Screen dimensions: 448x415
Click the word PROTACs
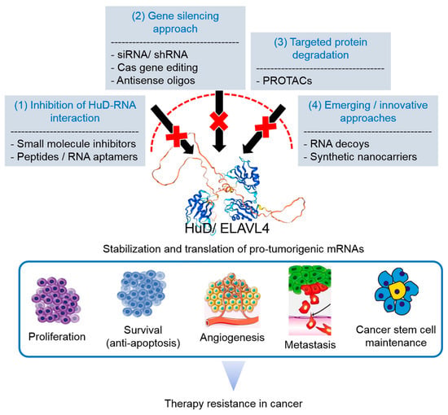(288, 81)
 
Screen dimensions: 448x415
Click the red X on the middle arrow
(219, 121)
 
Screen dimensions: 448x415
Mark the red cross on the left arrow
(177, 137)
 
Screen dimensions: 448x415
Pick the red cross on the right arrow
(266, 126)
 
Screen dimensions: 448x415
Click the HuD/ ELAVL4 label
(227, 229)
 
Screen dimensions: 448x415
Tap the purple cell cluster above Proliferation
(56, 300)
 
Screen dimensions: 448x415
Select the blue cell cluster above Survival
(142, 294)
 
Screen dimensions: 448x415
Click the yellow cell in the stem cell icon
(397, 290)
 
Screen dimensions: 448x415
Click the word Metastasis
(310, 345)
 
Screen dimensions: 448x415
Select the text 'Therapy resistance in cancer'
(234, 404)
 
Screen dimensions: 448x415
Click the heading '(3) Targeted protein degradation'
(321, 49)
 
